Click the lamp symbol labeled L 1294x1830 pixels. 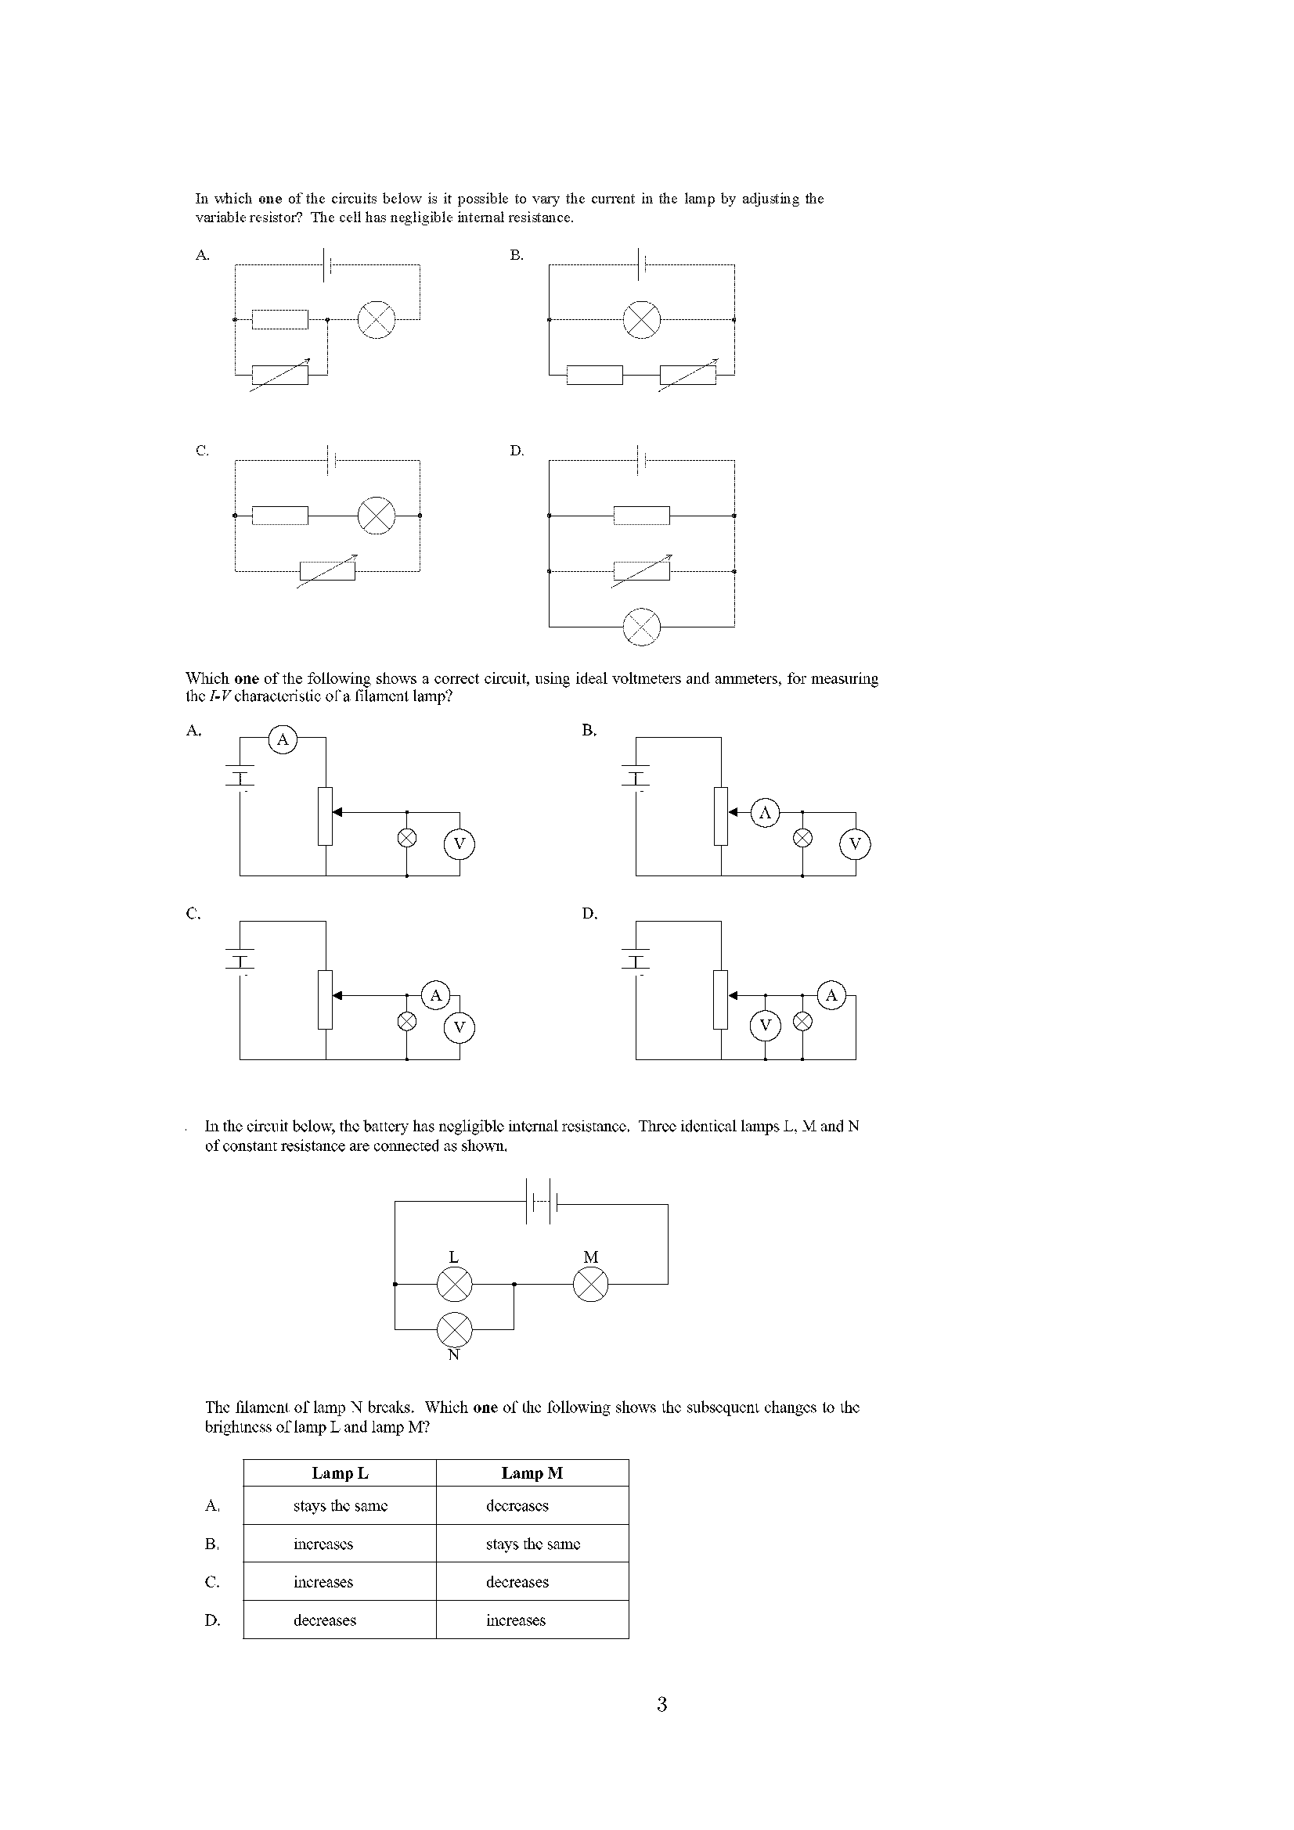point(455,1284)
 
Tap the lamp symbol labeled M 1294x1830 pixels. point(591,1284)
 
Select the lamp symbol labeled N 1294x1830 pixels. point(455,1328)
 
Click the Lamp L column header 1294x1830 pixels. point(340,1473)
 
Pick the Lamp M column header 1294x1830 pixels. point(532,1473)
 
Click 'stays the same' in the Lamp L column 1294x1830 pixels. point(340,1505)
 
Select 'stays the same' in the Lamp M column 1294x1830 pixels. point(532,1544)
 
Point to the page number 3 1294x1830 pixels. point(661,1705)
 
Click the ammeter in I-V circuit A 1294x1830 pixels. point(283,739)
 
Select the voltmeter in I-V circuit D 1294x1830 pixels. point(766,1025)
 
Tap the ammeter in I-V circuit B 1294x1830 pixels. point(766,813)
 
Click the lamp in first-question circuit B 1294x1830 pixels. point(642,320)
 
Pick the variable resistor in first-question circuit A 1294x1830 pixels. point(279,374)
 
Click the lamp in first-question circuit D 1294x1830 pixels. point(642,627)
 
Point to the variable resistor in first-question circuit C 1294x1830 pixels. point(328,570)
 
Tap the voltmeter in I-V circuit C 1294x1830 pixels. point(460,1027)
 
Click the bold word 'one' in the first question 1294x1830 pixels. point(270,200)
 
